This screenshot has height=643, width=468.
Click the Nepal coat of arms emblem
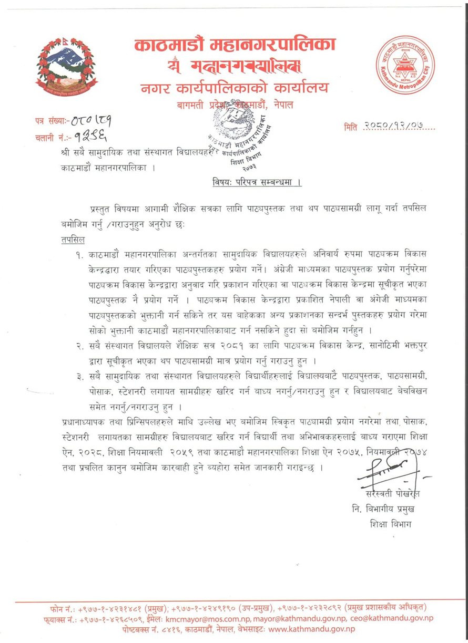pos(67,65)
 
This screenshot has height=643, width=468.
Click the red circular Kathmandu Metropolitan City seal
pos(405,65)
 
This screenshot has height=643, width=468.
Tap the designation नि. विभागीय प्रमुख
pos(383,509)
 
